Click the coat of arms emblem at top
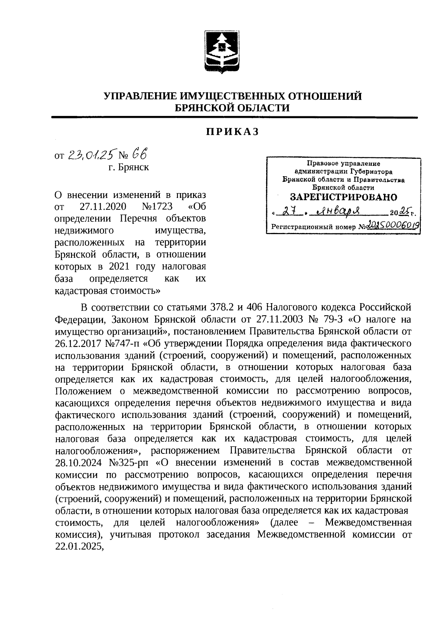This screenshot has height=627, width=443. tap(221, 52)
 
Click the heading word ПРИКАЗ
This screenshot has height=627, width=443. tap(232, 132)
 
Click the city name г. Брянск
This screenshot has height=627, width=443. tap(128, 167)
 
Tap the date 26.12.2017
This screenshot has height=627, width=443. tap(78, 343)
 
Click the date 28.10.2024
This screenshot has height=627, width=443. tap(78, 462)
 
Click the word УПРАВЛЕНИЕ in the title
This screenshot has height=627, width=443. tap(141, 96)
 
